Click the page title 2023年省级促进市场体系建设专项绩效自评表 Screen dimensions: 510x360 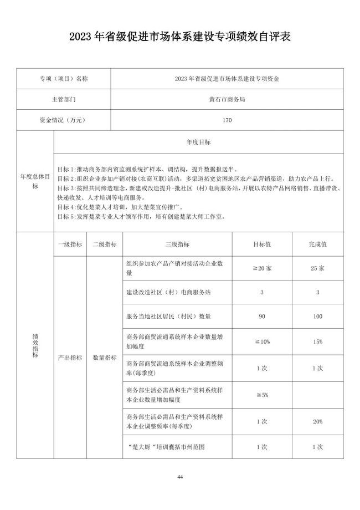[x=180, y=37]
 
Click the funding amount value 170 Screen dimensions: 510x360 [x=227, y=120]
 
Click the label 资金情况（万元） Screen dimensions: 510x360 [x=64, y=120]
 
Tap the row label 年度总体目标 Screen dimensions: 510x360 [x=35, y=181]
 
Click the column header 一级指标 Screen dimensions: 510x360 [x=70, y=244]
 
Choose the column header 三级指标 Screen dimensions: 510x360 [x=177, y=244]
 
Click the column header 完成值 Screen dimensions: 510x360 [x=317, y=244]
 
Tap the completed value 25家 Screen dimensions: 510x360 [x=317, y=268]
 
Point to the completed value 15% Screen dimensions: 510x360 [x=317, y=341]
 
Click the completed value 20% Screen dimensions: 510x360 [x=317, y=421]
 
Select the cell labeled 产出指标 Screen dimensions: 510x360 [x=70, y=358]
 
